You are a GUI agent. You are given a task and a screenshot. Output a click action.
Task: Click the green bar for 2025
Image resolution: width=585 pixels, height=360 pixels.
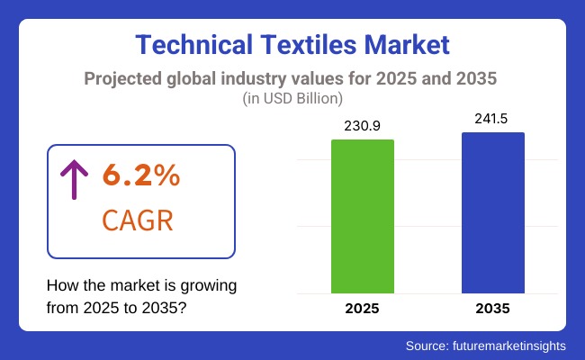pos(363,216)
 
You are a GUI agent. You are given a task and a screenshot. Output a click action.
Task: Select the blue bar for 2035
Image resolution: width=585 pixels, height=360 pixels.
pos(493,212)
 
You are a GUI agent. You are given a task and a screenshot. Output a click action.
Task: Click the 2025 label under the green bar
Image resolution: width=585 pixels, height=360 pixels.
pos(363,308)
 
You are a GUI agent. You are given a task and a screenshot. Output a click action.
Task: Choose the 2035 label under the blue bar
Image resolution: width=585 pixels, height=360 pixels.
pos(493,308)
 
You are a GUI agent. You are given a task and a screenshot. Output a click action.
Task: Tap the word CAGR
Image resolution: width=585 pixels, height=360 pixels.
pos(139,220)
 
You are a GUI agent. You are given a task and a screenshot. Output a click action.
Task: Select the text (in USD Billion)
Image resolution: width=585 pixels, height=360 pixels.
pos(292,97)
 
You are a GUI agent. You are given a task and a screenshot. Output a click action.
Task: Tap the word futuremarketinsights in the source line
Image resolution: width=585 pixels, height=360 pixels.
pos(513,345)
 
